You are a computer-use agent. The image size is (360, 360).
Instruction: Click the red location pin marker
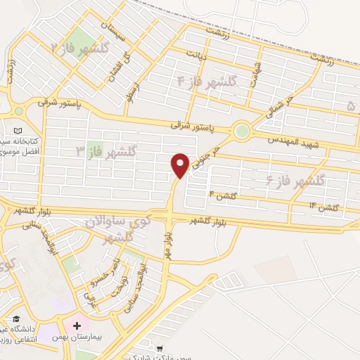[181, 165]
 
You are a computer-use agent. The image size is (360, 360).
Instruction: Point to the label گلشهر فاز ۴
[209, 82]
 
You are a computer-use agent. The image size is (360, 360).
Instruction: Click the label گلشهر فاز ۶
[294, 181]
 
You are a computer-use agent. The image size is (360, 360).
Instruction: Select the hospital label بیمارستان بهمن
[113, 327]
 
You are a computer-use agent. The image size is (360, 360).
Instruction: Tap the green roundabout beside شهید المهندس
[243, 131]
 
